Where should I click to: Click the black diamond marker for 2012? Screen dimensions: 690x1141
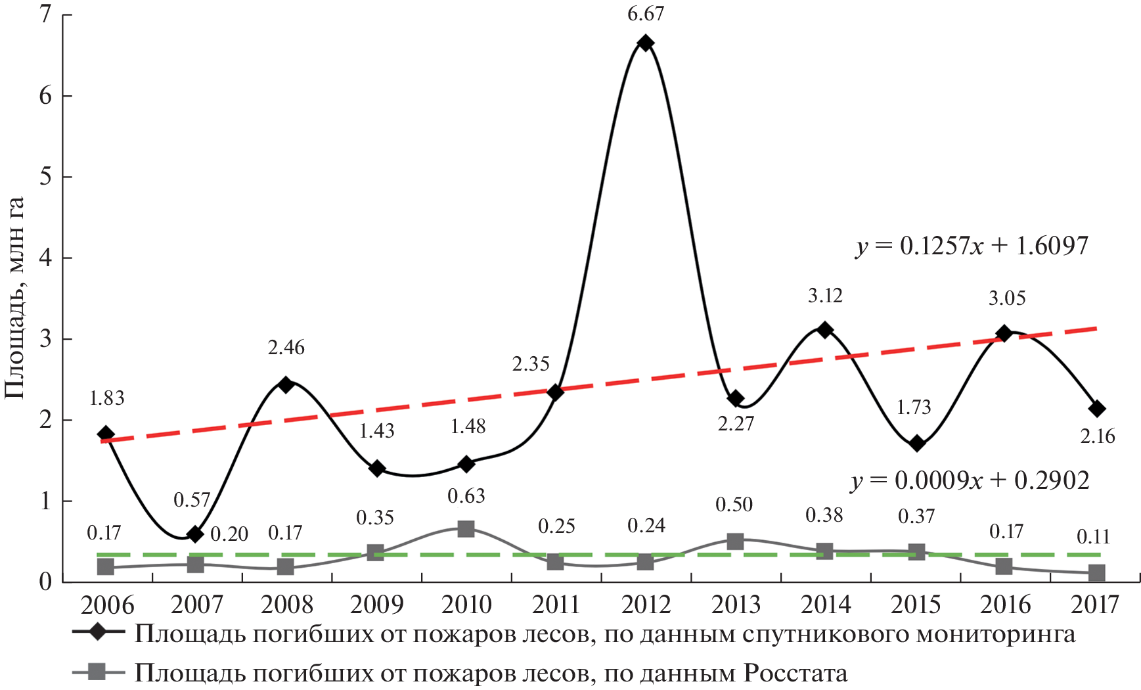[646, 43]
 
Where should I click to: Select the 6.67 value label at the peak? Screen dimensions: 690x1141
[646, 14]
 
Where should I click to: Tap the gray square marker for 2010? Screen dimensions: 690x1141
[466, 528]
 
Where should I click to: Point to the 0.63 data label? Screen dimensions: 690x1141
[466, 496]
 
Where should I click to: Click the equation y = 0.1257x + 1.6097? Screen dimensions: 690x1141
[972, 246]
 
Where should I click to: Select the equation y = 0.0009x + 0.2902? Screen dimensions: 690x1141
[970, 481]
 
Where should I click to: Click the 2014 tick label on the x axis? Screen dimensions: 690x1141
[826, 605]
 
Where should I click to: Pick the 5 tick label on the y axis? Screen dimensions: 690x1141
[45, 177]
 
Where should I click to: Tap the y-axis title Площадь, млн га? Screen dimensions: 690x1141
[14, 298]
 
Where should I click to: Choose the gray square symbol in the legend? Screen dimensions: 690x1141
[98, 672]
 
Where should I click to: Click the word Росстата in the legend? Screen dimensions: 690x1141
[795, 673]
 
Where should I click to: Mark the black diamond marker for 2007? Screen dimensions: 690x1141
[195, 534]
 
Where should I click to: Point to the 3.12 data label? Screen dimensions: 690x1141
[825, 296]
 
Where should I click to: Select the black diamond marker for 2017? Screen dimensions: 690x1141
[1096, 409]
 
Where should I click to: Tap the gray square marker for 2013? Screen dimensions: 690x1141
[736, 541]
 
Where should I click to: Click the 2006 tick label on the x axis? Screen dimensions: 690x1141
[107, 605]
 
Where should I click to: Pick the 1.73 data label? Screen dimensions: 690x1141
[914, 407]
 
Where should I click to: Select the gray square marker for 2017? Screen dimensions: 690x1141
[1096, 573]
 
